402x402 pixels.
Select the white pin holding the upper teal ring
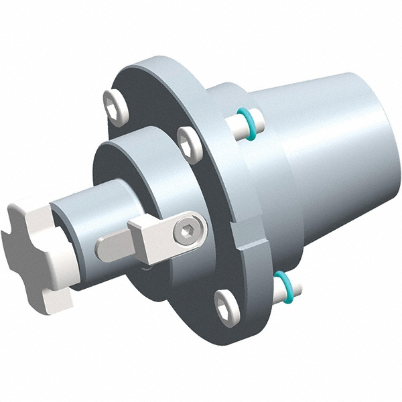236,123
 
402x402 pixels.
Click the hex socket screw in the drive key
186,232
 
